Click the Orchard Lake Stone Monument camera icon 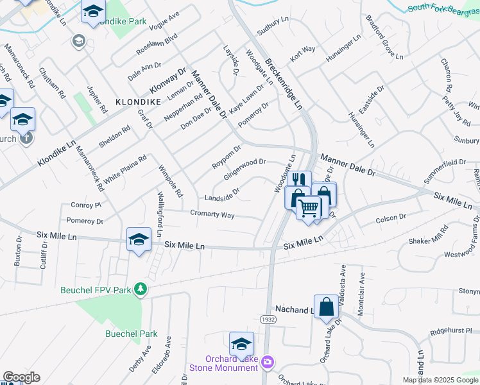(x=268, y=363)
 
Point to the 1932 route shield (x=268, y=319)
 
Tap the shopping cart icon (x=309, y=207)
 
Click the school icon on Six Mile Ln (x=139, y=239)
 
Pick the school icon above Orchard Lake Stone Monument (x=241, y=343)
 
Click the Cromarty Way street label (x=212, y=214)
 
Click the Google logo (x=21, y=377)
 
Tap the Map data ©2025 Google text (x=440, y=380)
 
